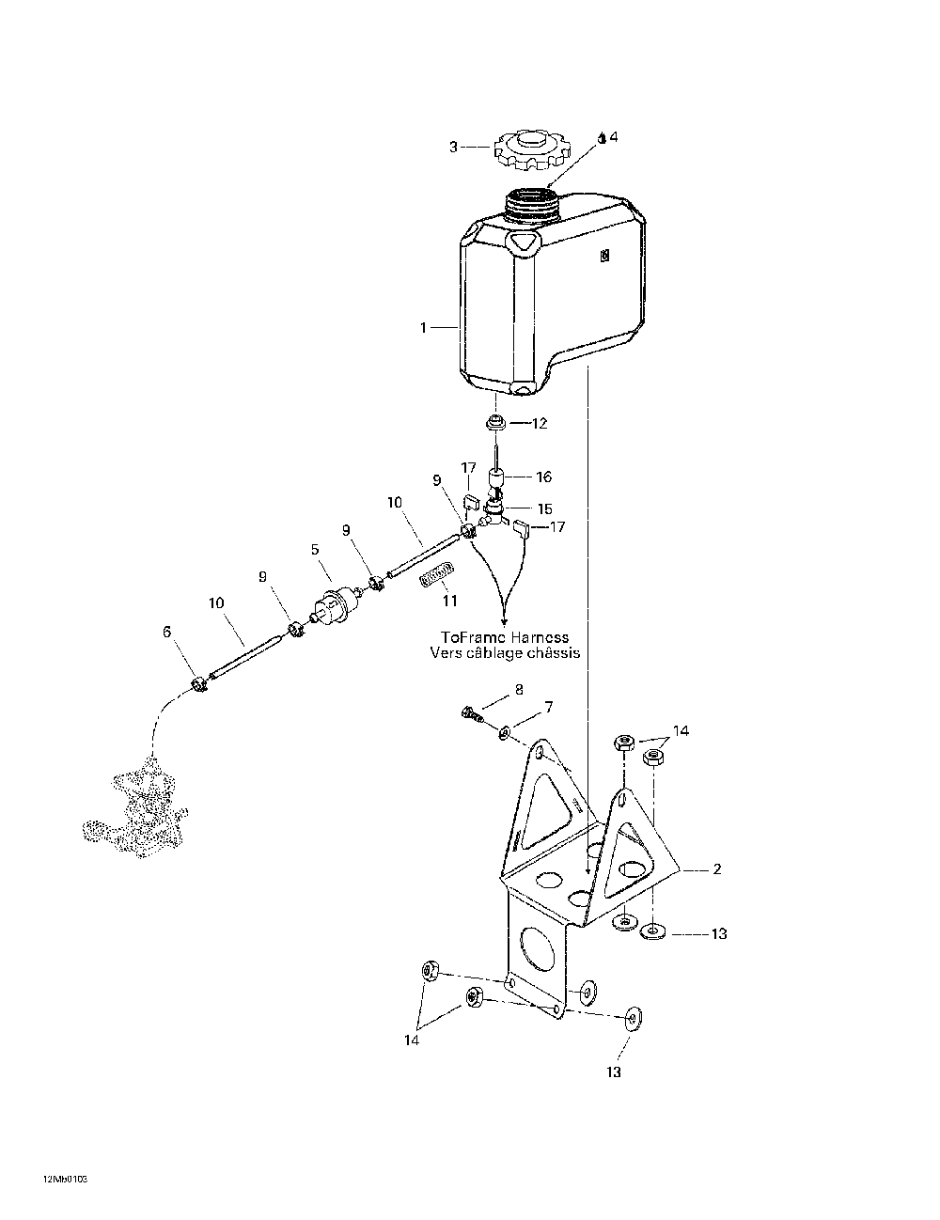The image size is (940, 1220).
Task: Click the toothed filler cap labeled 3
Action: point(532,149)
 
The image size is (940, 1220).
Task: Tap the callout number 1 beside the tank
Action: point(423,327)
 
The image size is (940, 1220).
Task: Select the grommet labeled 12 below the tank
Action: point(495,423)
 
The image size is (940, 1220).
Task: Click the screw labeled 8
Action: point(472,714)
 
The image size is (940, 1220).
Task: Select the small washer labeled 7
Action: point(504,732)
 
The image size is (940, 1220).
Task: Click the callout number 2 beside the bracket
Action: point(716,869)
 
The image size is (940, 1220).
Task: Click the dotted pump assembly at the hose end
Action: point(135,806)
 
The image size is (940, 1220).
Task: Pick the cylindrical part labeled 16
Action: point(496,478)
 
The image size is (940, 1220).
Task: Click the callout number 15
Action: point(544,509)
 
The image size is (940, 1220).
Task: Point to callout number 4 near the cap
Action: point(614,136)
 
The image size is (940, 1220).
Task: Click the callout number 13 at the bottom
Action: point(614,1072)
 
